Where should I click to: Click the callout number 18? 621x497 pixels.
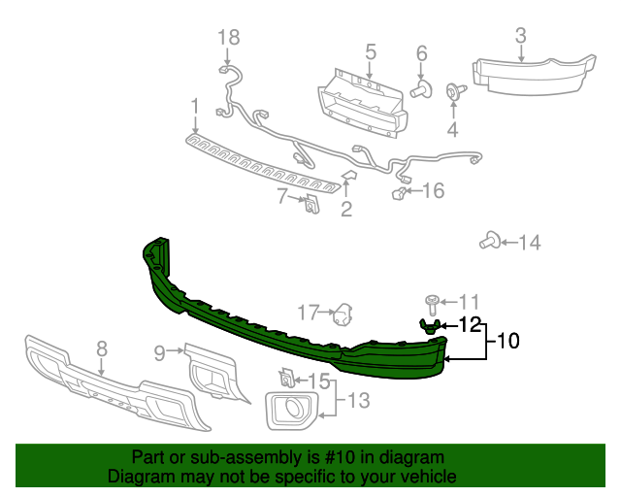[228, 37]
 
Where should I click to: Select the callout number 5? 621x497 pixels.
[371, 50]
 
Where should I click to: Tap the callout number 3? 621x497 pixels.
[520, 37]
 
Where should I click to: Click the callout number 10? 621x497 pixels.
[507, 341]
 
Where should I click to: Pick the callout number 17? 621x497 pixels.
[308, 312]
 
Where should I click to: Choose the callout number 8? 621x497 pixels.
[101, 348]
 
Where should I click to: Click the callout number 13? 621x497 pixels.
[359, 398]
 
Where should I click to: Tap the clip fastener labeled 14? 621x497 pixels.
[491, 242]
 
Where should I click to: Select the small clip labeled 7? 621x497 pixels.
[311, 205]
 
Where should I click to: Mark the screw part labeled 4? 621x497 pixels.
[452, 92]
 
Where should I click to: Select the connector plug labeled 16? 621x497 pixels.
[399, 193]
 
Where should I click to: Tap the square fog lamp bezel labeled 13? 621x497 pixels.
[291, 410]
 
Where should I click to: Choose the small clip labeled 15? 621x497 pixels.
[287, 376]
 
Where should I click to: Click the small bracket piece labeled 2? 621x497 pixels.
[349, 176]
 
